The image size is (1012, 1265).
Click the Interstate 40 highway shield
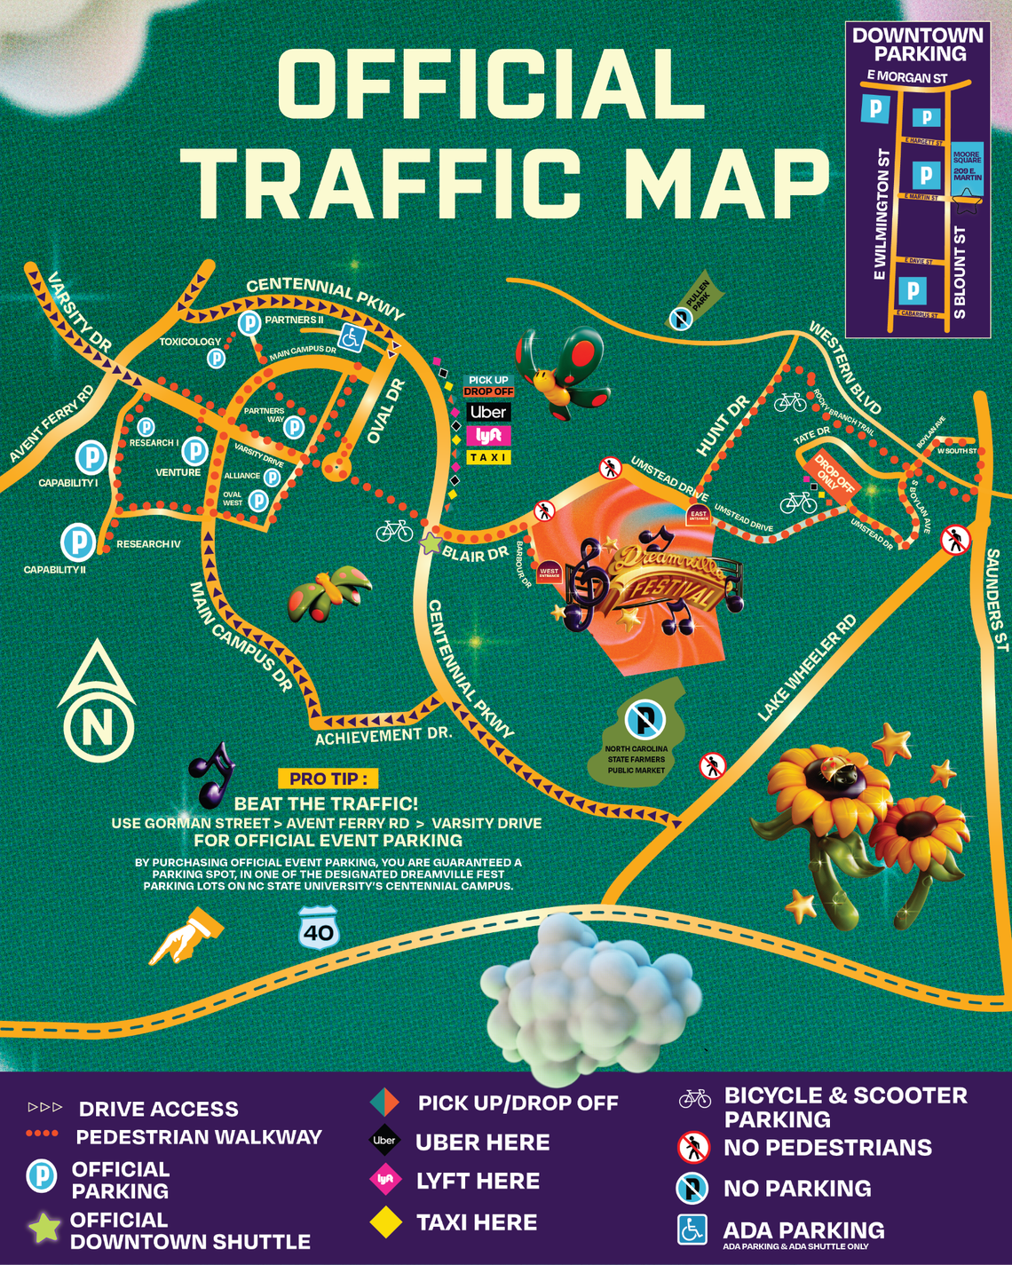pyautogui.click(x=319, y=929)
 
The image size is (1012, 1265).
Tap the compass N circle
pyautogui.click(x=98, y=726)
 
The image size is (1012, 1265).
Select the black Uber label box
pyautogui.click(x=488, y=412)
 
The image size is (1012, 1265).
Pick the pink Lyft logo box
pyautogui.click(x=488, y=435)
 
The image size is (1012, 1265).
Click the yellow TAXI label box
pyautogui.click(x=488, y=457)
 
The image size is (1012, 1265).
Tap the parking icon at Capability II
pyautogui.click(x=78, y=542)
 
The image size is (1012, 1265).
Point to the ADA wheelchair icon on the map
pyautogui.click(x=352, y=337)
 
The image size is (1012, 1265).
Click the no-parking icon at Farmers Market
pyautogui.click(x=644, y=719)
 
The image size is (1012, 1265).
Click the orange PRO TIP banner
pyautogui.click(x=328, y=779)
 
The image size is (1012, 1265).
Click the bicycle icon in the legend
pyautogui.click(x=695, y=1099)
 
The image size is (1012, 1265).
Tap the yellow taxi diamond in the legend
pyautogui.click(x=385, y=1222)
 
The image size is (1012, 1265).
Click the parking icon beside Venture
pyautogui.click(x=194, y=450)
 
